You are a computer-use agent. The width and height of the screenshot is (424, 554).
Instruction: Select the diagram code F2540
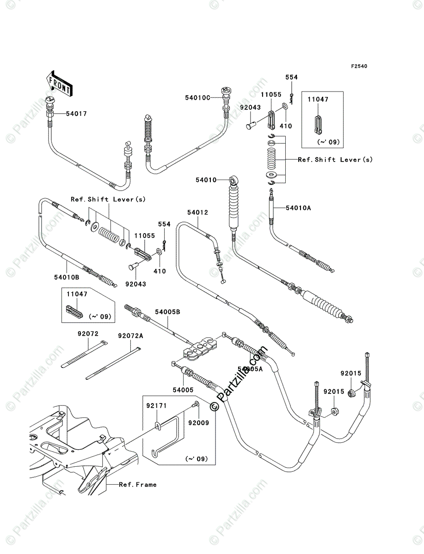click(x=359, y=66)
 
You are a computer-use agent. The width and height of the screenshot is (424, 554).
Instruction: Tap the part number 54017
click(x=76, y=114)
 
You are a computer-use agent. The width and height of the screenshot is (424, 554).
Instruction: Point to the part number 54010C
click(x=197, y=97)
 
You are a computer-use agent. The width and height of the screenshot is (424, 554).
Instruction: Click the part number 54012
click(x=197, y=213)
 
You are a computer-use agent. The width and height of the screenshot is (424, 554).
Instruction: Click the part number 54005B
click(x=167, y=313)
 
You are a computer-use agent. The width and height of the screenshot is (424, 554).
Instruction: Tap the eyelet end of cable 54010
click(x=234, y=179)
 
